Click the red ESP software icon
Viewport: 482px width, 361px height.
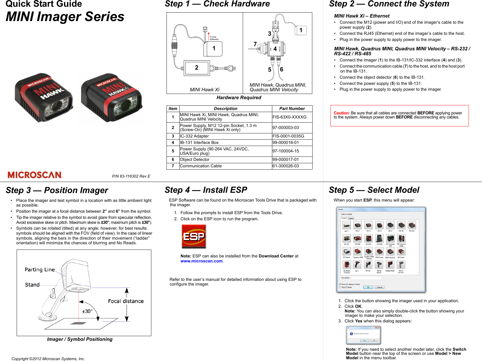click(x=194, y=236)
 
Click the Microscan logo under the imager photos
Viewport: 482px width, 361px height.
click(x=35, y=175)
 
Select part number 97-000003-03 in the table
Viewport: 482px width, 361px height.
click(x=285, y=128)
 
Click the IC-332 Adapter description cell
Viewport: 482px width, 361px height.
click(x=194, y=136)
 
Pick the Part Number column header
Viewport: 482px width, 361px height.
click(x=292, y=109)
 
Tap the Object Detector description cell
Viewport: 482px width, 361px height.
click(x=195, y=159)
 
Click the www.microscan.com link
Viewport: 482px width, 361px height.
click(x=202, y=261)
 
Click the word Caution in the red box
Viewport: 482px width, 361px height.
click(x=341, y=113)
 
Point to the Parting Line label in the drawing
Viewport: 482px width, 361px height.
click(x=40, y=269)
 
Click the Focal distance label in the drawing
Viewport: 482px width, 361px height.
click(x=126, y=301)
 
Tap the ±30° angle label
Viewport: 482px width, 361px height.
click(x=87, y=311)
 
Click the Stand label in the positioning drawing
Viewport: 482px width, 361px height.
click(x=32, y=285)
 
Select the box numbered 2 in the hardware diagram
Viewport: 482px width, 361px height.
click(x=197, y=68)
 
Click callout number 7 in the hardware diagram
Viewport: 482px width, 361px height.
click(x=255, y=44)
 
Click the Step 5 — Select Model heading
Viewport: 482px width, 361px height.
click(x=374, y=190)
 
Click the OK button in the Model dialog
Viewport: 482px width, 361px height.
click(x=368, y=287)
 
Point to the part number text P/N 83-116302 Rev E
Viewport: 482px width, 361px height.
click(x=131, y=176)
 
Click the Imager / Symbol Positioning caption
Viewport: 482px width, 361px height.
click(x=80, y=339)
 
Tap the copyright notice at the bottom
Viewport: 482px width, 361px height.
click(x=48, y=359)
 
